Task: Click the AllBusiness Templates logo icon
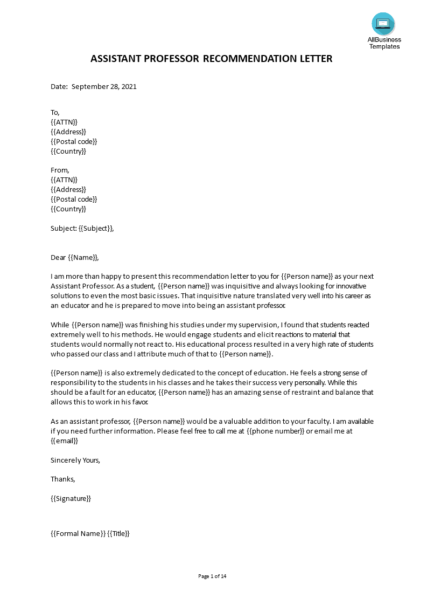383,24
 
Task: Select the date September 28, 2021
104,86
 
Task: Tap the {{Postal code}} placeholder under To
74,141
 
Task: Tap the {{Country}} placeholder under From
68,209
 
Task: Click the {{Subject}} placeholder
96,228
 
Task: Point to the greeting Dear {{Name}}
75,257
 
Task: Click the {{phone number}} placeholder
276,431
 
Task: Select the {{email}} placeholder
64,441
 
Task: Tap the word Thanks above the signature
62,479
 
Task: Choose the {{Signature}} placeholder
71,498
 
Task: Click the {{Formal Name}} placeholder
78,533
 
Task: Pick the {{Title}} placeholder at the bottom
118,533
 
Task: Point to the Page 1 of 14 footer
213,576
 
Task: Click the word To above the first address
55,112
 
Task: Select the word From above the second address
60,170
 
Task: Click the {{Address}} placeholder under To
68,132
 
